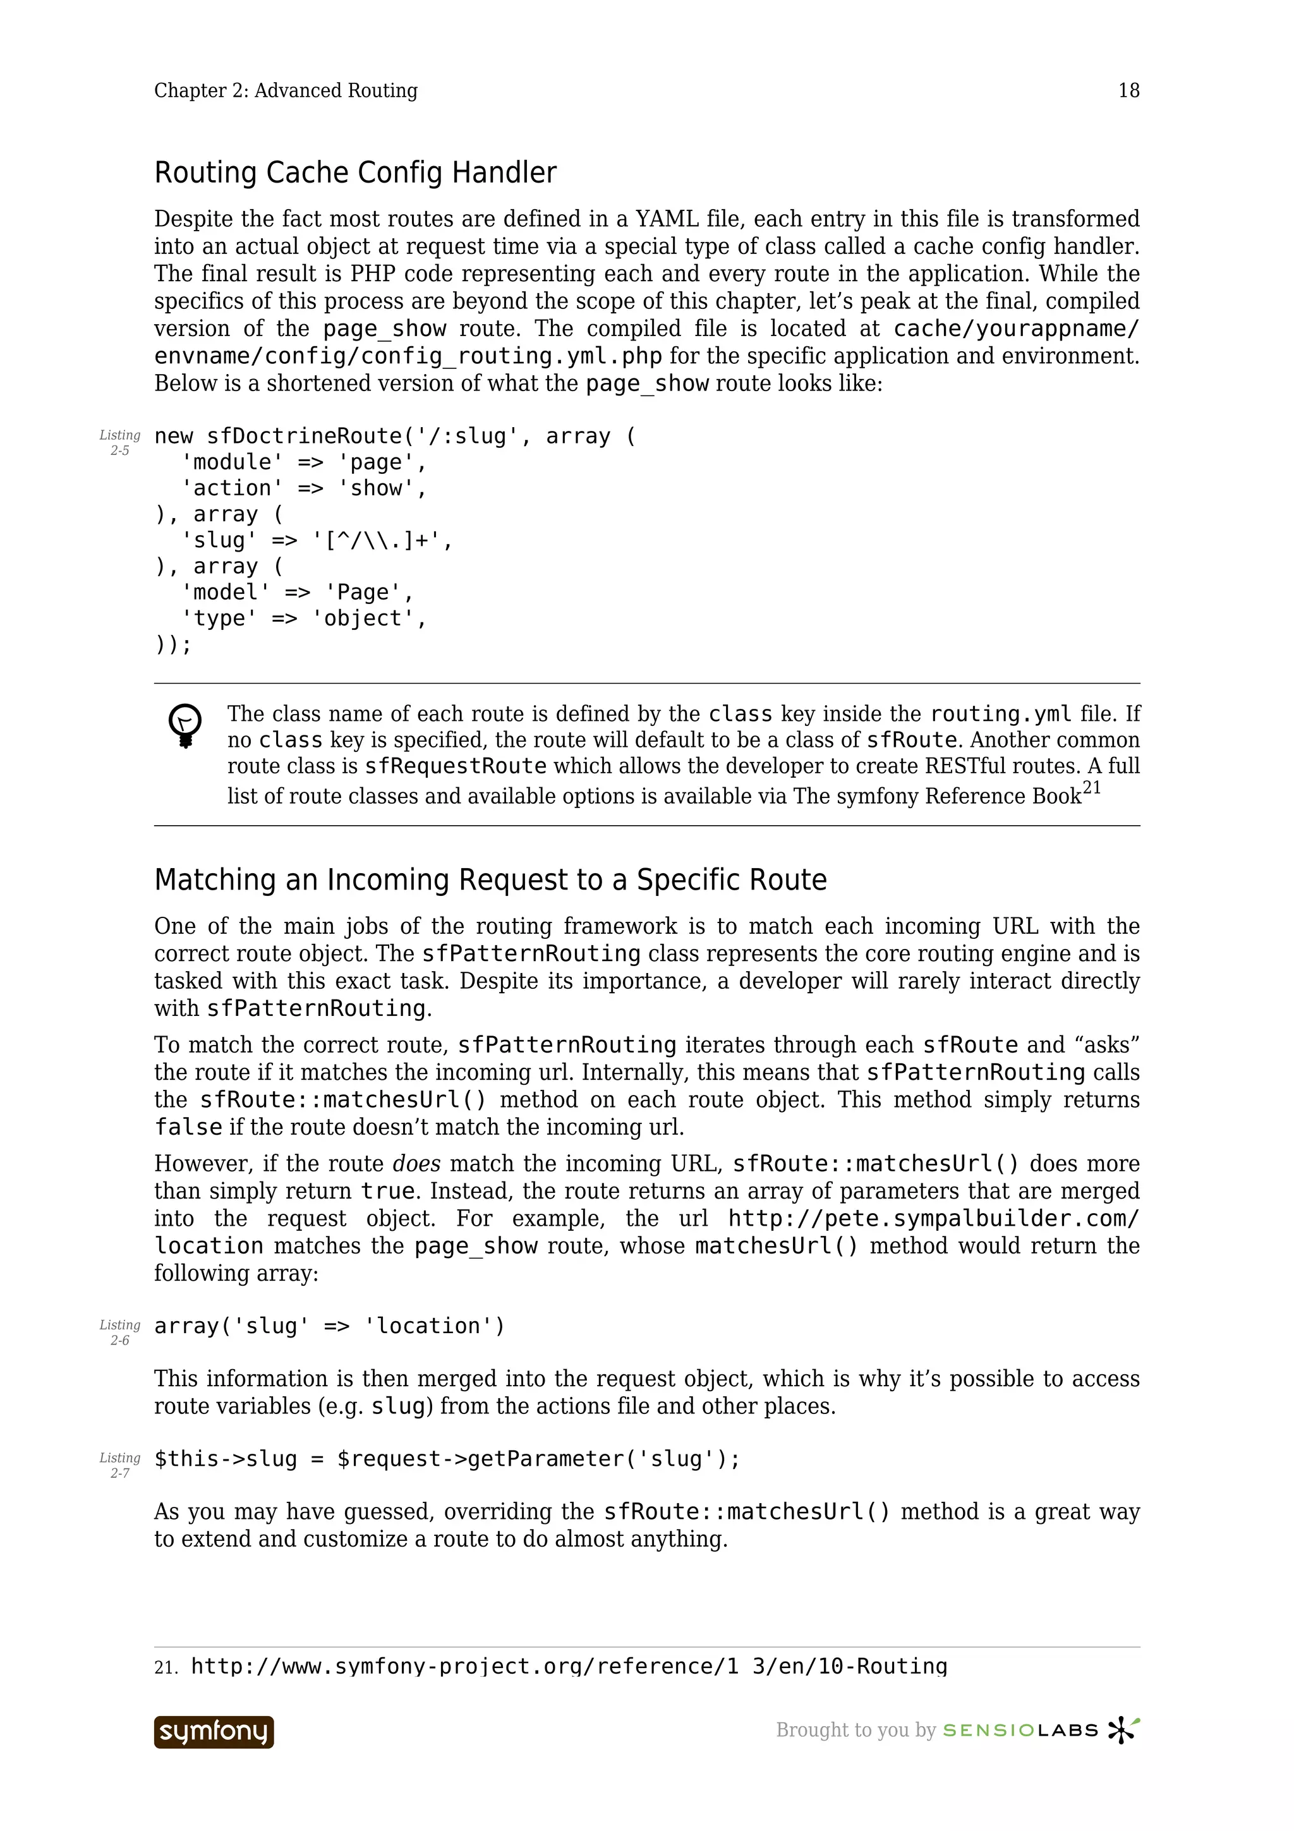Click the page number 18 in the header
1128,91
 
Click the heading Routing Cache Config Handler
355,173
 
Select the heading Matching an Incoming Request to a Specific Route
490,879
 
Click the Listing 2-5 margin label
119,443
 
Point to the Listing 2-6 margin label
119,1332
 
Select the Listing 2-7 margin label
119,1465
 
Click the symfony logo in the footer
214,1731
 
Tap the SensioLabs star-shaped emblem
1123,1730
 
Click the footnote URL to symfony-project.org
569,1666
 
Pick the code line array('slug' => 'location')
329,1326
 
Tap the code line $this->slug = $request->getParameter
447,1459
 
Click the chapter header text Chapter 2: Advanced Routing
286,91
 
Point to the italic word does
416,1164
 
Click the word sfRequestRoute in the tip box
456,766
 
